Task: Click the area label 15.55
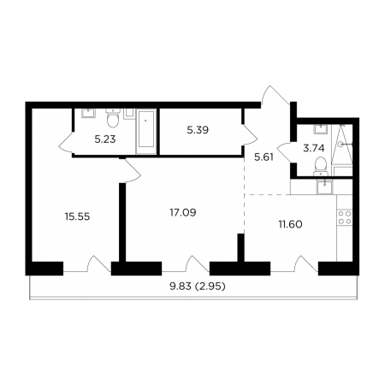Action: pos(77,216)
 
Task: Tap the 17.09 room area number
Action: pos(183,212)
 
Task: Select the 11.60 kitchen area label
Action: pos(290,224)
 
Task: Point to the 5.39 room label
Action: pos(198,130)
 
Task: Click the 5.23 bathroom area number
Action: pos(105,139)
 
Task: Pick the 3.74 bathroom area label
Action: pos(314,148)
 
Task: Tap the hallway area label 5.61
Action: pos(264,157)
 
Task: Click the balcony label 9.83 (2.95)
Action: pos(198,286)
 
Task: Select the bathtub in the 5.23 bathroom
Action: pos(146,131)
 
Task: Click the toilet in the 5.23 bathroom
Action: pos(113,119)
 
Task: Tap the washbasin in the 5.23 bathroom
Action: pos(88,113)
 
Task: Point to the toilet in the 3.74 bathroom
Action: pos(321,167)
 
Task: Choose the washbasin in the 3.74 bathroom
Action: pos(321,129)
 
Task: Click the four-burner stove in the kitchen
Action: pos(345,217)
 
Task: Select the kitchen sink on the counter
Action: pos(324,187)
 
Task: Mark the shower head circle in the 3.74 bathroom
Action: pos(340,145)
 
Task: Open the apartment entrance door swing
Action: pos(275,95)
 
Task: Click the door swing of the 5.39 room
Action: pos(250,134)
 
